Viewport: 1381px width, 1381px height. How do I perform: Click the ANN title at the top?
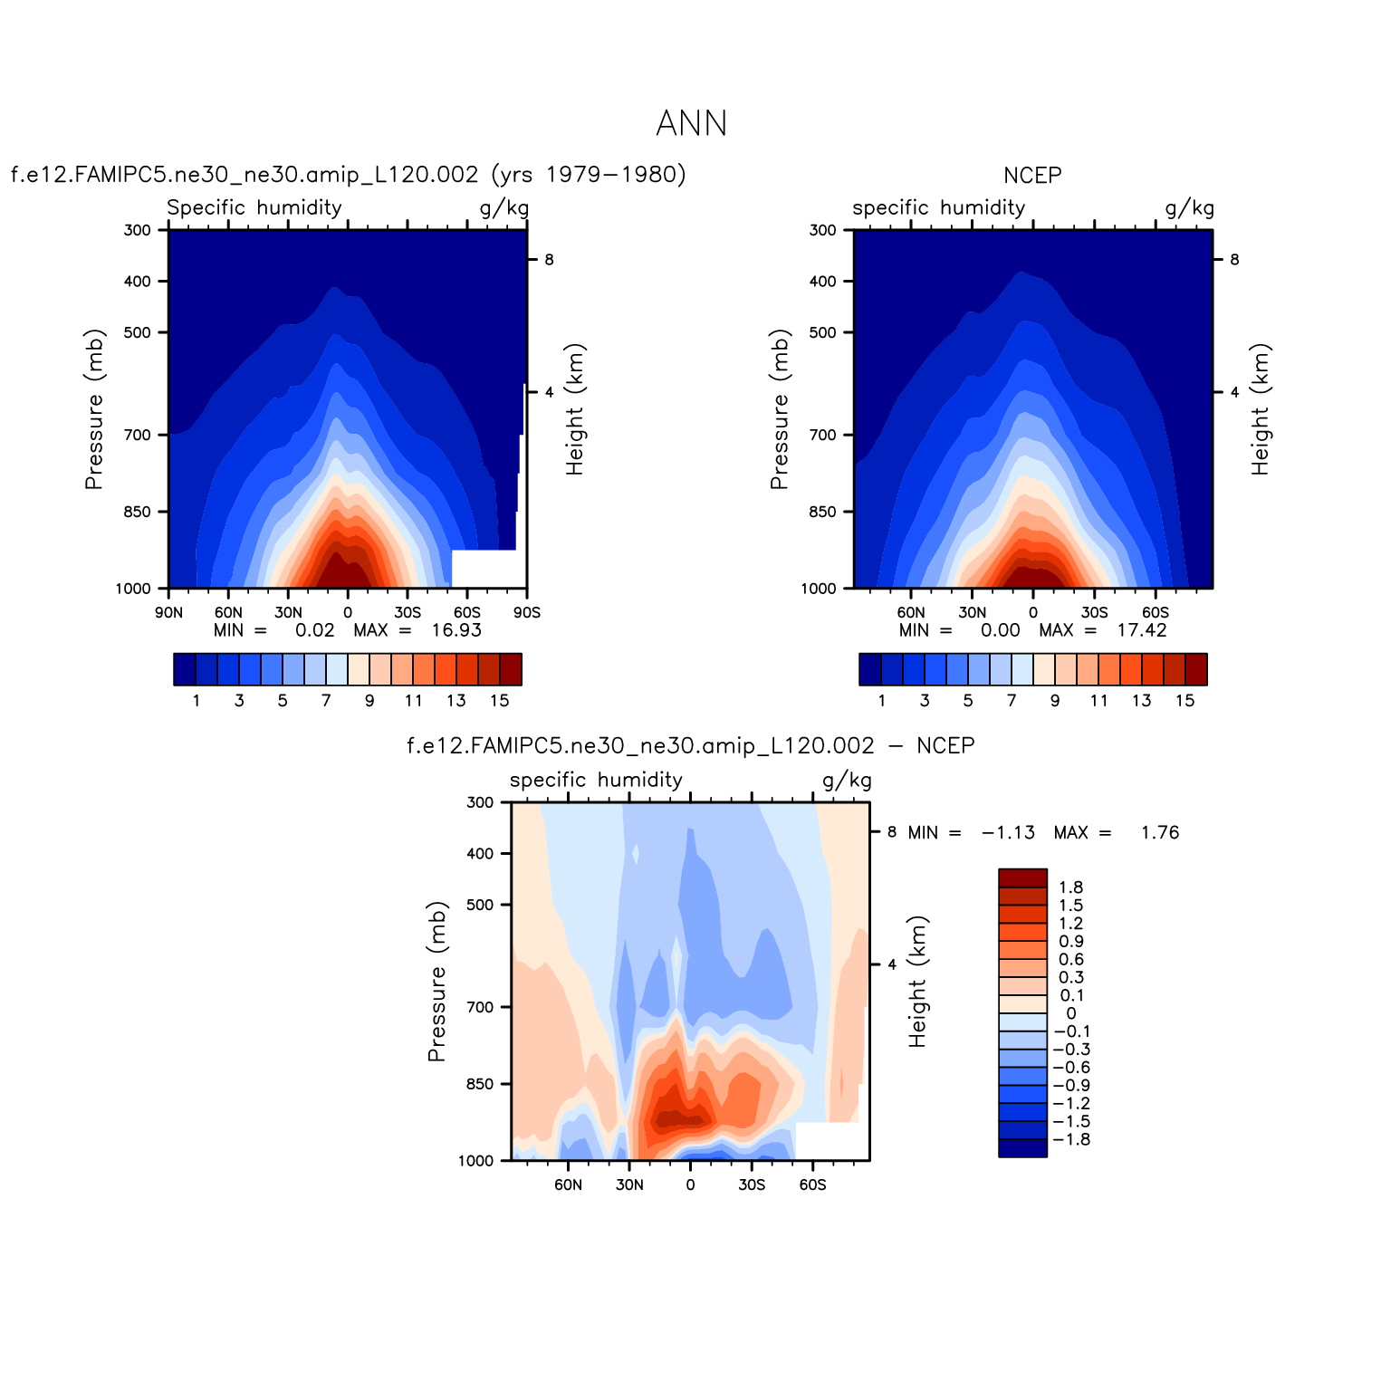click(691, 124)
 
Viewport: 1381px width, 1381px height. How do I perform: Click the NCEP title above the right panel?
click(1032, 176)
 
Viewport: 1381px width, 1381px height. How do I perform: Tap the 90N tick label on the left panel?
click(168, 613)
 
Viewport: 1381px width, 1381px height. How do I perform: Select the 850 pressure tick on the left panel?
click(138, 512)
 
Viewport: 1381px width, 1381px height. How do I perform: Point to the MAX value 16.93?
click(456, 630)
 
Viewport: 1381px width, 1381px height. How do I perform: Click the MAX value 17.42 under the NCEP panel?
click(1142, 630)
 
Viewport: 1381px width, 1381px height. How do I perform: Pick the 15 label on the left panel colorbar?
click(500, 701)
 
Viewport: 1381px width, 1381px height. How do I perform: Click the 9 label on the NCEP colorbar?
click(1055, 701)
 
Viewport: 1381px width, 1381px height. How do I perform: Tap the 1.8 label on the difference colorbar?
click(1070, 888)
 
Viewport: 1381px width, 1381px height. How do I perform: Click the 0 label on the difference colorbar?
click(1070, 1014)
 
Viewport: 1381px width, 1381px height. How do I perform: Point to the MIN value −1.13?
click(1008, 833)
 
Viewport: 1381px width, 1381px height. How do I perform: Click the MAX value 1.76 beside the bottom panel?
click(1160, 833)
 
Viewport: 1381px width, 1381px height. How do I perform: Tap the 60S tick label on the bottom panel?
click(812, 1185)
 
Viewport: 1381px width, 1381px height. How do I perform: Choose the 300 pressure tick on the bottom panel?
click(480, 802)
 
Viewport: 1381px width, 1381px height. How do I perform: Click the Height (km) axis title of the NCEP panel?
click(1261, 409)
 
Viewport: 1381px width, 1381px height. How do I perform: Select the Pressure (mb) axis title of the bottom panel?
click(437, 981)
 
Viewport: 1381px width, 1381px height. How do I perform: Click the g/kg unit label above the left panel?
click(503, 208)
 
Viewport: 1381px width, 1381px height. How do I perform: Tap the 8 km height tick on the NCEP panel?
click(1234, 260)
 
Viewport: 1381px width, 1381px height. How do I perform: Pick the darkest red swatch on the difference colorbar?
click(1022, 878)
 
